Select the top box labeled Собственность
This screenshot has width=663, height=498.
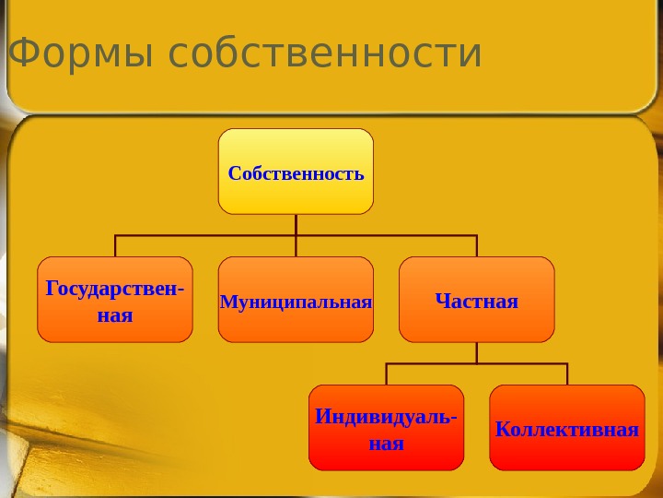296,171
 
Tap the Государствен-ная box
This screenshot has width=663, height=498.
115,300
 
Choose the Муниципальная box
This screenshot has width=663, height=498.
296,300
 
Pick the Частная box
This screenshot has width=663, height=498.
476,300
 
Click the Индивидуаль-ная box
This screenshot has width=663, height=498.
386,428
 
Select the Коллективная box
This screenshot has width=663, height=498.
567,428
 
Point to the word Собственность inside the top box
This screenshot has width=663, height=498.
296,172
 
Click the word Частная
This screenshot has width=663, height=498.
476,301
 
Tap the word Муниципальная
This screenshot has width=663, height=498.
296,302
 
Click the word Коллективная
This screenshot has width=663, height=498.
567,429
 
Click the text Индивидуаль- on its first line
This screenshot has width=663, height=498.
386,417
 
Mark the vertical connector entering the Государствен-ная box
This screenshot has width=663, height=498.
115,246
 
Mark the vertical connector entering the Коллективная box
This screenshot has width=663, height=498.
567,374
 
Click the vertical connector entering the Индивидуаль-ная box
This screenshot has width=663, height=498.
386,374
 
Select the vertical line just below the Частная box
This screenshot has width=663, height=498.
477,352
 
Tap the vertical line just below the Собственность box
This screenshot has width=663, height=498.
297,224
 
